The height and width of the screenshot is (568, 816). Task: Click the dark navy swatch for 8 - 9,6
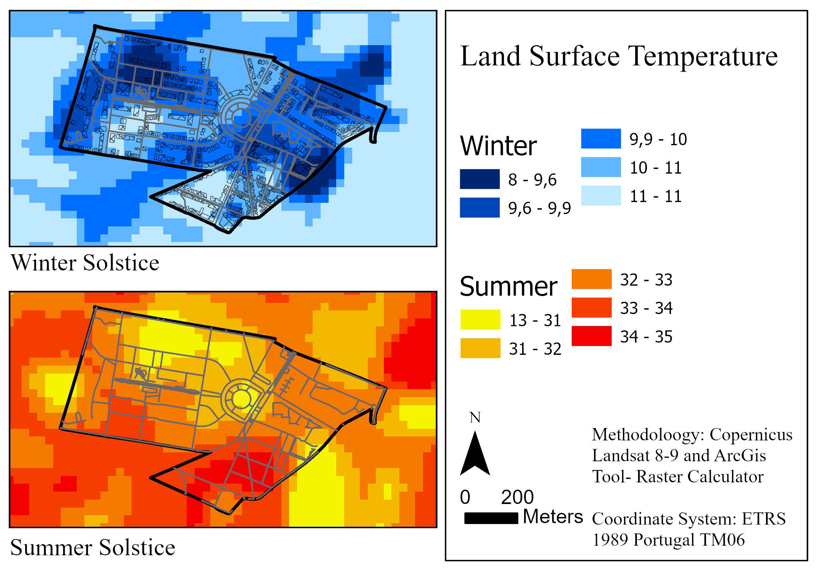(479, 179)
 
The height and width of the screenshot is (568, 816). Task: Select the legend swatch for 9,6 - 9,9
(479, 207)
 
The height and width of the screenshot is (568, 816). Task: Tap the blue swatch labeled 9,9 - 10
(601, 138)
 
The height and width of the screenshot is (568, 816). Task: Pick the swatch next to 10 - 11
(601, 167)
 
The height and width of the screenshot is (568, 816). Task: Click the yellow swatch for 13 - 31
(480, 319)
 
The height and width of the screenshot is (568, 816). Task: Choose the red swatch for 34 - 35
(591, 336)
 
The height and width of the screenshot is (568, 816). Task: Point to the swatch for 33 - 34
(591, 307)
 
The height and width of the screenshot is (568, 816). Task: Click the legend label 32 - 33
(646, 280)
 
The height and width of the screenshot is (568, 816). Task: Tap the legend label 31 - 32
(535, 349)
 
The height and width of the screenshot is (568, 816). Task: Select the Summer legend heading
(508, 286)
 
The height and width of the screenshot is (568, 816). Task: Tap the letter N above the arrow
(475, 418)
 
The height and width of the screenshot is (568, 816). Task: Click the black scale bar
(491, 518)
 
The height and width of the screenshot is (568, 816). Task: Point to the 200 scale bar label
(517, 497)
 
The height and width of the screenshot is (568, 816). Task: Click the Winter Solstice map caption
(85, 263)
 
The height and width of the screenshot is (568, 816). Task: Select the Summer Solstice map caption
(92, 547)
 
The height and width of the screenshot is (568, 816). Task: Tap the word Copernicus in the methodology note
(751, 434)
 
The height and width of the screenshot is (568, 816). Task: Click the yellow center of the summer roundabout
(241, 398)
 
